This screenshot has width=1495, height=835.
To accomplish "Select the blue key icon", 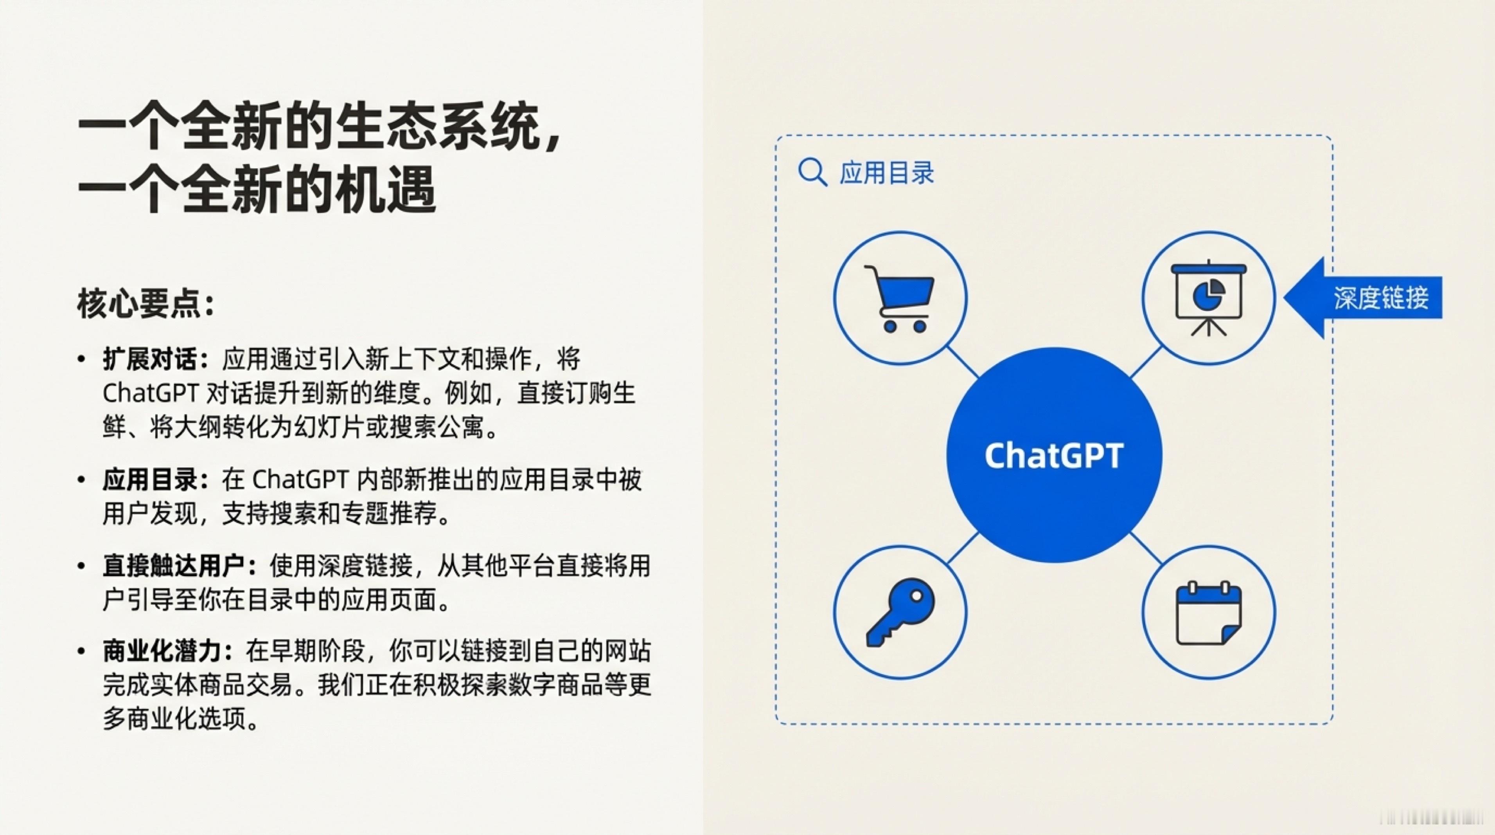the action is click(900, 612).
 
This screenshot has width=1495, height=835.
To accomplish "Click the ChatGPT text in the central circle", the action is click(1054, 456).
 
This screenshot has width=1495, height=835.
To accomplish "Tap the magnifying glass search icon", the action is click(812, 172).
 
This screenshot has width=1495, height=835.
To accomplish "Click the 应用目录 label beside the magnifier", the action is click(887, 173).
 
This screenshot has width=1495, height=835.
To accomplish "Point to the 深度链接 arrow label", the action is click(1380, 298).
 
